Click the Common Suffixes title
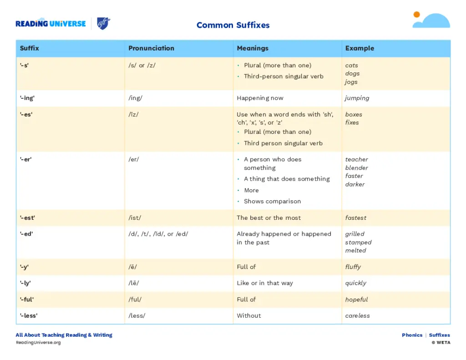point(233,25)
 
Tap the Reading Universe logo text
point(51,24)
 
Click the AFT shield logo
point(104,24)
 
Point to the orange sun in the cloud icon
point(416,15)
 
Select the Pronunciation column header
point(151,48)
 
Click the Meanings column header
point(253,48)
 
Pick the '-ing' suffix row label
point(27,98)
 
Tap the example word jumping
point(357,98)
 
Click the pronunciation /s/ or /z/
point(142,65)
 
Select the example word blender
point(356,168)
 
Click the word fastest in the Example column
point(355,218)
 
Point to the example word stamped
point(358,242)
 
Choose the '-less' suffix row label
point(29,315)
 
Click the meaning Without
point(249,315)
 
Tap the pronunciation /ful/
point(135,299)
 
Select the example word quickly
point(355,283)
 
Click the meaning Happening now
point(260,98)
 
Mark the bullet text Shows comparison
point(272,201)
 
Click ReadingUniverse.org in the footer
point(38,342)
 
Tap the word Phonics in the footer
point(412,335)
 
